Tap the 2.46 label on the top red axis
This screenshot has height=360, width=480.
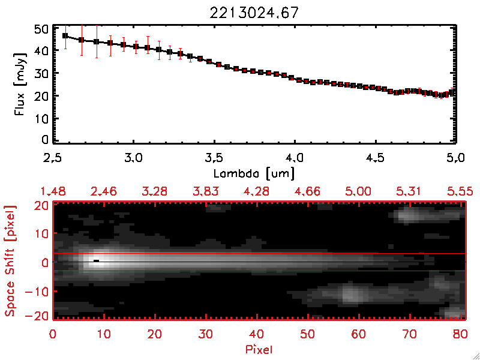point(104,191)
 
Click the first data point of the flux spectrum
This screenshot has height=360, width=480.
point(65,36)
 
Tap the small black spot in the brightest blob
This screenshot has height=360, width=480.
point(96,260)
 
